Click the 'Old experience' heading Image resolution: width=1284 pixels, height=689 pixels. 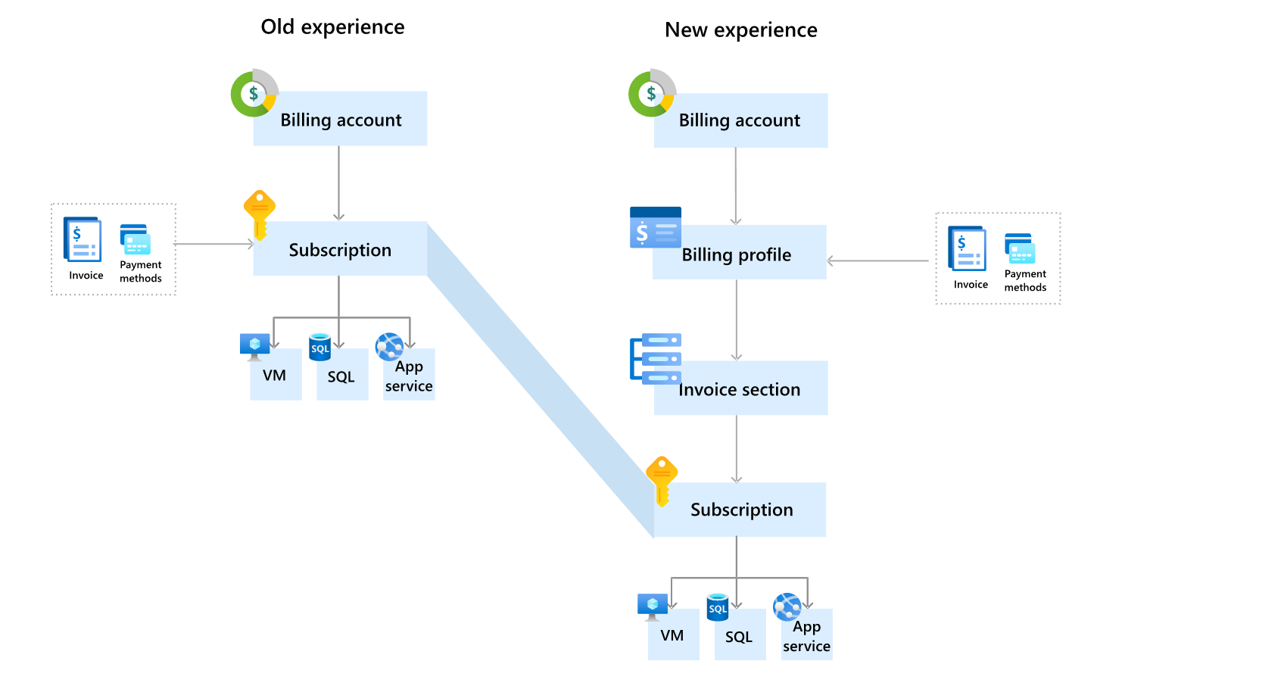(x=332, y=27)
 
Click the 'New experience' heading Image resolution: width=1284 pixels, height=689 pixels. (x=740, y=30)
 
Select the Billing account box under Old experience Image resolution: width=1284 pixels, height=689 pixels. (x=340, y=119)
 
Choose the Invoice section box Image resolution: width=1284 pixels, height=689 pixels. (x=740, y=388)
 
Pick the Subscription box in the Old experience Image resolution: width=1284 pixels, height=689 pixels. (x=340, y=249)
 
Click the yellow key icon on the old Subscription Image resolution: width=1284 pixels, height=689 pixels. (x=259, y=214)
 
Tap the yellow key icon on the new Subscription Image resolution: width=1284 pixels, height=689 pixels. (x=662, y=480)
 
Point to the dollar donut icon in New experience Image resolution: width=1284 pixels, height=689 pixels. (x=651, y=94)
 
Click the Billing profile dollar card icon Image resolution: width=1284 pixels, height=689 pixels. (x=656, y=228)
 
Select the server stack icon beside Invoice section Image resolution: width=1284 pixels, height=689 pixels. (x=656, y=358)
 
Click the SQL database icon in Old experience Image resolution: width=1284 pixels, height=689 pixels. (x=320, y=348)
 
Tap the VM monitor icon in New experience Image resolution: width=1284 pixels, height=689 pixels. (x=653, y=606)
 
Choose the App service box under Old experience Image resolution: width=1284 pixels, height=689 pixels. (x=409, y=375)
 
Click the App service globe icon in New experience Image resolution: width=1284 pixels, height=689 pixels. (x=787, y=606)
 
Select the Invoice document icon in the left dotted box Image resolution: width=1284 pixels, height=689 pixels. (x=82, y=240)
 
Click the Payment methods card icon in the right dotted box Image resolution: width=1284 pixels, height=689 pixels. (x=1020, y=248)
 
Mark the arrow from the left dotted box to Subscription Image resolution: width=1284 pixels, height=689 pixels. (x=214, y=244)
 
